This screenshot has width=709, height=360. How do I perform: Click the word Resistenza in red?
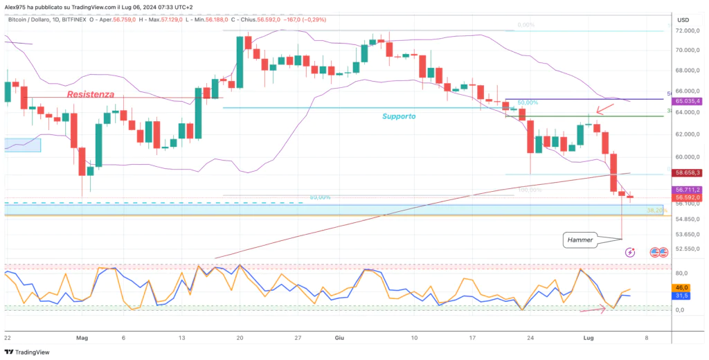pos(91,93)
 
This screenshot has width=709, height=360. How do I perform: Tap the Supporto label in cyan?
pos(399,116)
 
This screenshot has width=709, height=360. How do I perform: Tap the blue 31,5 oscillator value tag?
pos(681,296)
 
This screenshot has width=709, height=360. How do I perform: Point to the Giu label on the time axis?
pos(340,338)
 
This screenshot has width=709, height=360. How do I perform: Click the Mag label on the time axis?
pos(82,338)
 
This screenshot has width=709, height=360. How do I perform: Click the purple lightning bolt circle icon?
pos(630,253)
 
